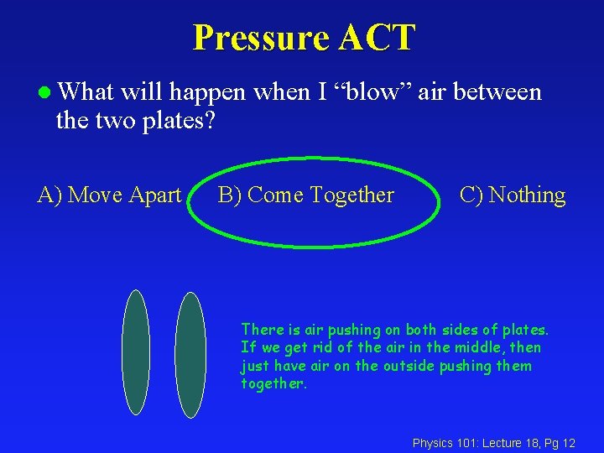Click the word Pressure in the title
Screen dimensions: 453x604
point(260,38)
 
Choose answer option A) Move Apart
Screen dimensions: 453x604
point(109,195)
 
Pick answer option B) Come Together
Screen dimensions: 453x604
point(305,195)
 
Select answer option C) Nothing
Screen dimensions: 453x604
point(513,195)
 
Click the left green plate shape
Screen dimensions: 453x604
point(135,351)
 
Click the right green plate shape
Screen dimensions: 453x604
point(190,355)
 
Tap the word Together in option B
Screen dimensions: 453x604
point(351,195)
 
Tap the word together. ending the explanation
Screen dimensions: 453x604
point(274,383)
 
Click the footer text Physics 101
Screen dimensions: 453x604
point(445,442)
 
